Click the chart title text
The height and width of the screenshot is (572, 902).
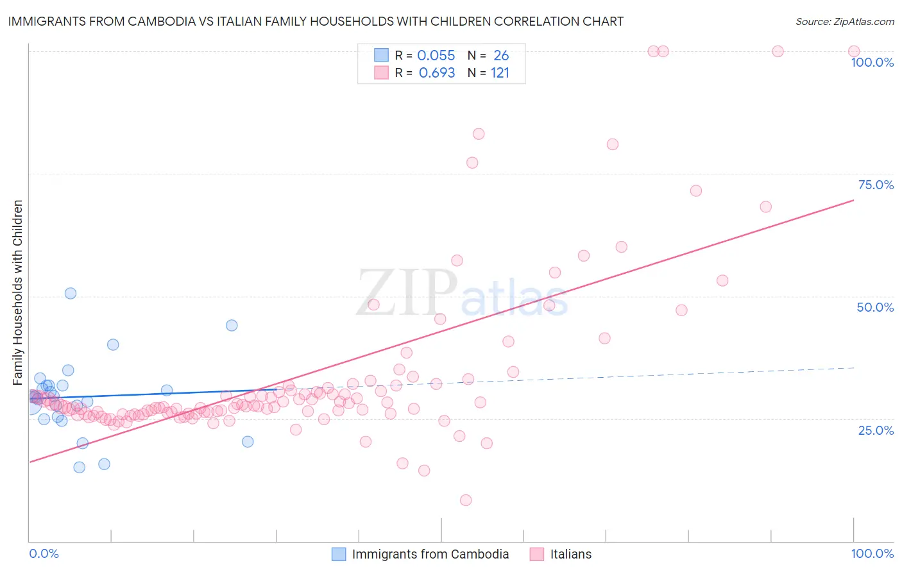[x=316, y=21]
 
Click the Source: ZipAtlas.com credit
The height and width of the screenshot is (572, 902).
[x=844, y=21]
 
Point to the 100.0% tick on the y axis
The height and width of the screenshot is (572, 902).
[x=872, y=62]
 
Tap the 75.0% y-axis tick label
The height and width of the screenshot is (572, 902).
[x=876, y=185]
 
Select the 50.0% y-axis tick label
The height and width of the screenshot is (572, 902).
[x=875, y=307]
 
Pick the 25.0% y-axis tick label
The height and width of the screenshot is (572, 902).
[x=876, y=430]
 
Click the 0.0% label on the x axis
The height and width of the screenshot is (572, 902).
[x=44, y=553]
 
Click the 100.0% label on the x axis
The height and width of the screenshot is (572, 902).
[x=872, y=553]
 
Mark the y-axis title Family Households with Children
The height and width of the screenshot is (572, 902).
[x=18, y=292]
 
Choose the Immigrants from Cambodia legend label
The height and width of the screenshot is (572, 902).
[x=430, y=554]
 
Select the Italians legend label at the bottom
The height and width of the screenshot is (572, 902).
[x=570, y=554]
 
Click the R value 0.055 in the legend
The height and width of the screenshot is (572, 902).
[x=436, y=56]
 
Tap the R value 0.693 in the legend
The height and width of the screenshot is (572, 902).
[x=436, y=73]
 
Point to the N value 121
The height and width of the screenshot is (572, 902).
[x=500, y=73]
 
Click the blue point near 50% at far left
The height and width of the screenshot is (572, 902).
[x=71, y=293]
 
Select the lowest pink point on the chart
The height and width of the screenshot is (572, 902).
[x=466, y=500]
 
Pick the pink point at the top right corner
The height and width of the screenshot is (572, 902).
[x=854, y=51]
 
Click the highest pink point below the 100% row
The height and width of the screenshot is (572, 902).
[x=479, y=134]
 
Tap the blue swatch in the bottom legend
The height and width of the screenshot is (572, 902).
[x=339, y=554]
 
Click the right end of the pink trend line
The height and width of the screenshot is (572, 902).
[x=854, y=200]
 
